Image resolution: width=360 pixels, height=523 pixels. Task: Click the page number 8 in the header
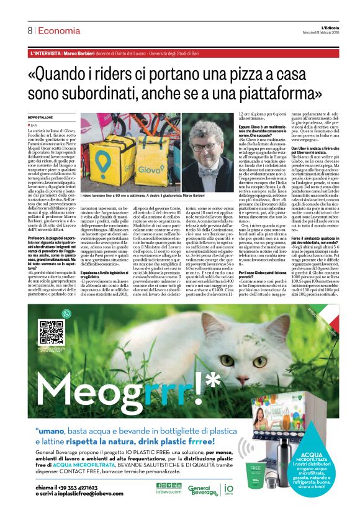[x=29, y=30]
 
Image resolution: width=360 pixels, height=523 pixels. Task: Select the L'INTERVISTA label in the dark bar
[x=45, y=54]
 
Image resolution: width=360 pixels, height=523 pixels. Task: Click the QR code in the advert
[x=51, y=332]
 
